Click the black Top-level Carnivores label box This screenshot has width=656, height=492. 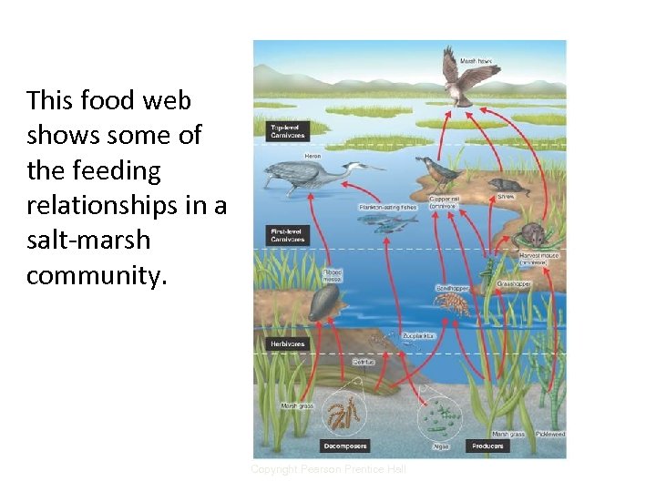[x=286, y=130]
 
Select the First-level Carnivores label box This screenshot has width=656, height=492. [x=286, y=236]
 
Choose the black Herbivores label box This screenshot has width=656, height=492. [x=287, y=343]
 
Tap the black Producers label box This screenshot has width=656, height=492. [x=487, y=446]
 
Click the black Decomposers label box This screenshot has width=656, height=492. [x=345, y=446]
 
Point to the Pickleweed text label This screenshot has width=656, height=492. [x=549, y=434]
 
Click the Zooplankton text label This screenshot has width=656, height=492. [x=419, y=335]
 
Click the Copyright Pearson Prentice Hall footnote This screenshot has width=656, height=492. [x=328, y=469]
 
